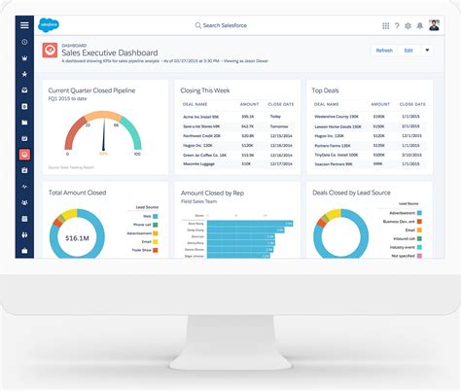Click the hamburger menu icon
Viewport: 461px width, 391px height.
point(24,25)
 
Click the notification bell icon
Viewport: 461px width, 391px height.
point(416,25)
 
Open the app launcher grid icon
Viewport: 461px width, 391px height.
point(386,25)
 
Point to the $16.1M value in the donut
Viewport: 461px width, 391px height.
point(78,236)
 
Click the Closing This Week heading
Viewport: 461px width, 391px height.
point(205,90)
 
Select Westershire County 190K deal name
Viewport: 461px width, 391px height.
point(336,114)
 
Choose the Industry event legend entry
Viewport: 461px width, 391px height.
point(400,248)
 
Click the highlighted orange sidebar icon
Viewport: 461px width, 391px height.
point(24,154)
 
